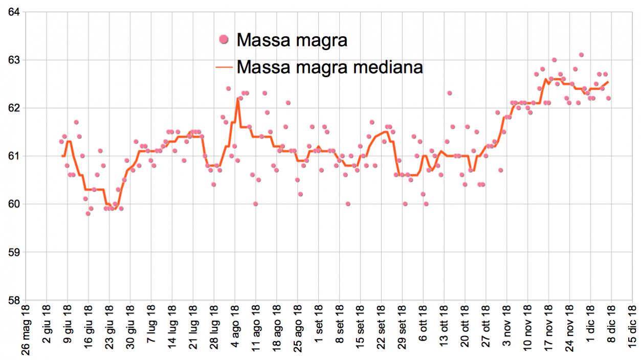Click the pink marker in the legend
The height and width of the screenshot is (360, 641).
pyautogui.click(x=223, y=39)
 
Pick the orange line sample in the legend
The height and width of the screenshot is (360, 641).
pyautogui.click(x=223, y=66)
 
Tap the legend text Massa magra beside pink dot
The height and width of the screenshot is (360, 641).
pyautogui.click(x=292, y=39)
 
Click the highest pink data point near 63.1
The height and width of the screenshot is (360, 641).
pyautogui.click(x=581, y=55)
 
